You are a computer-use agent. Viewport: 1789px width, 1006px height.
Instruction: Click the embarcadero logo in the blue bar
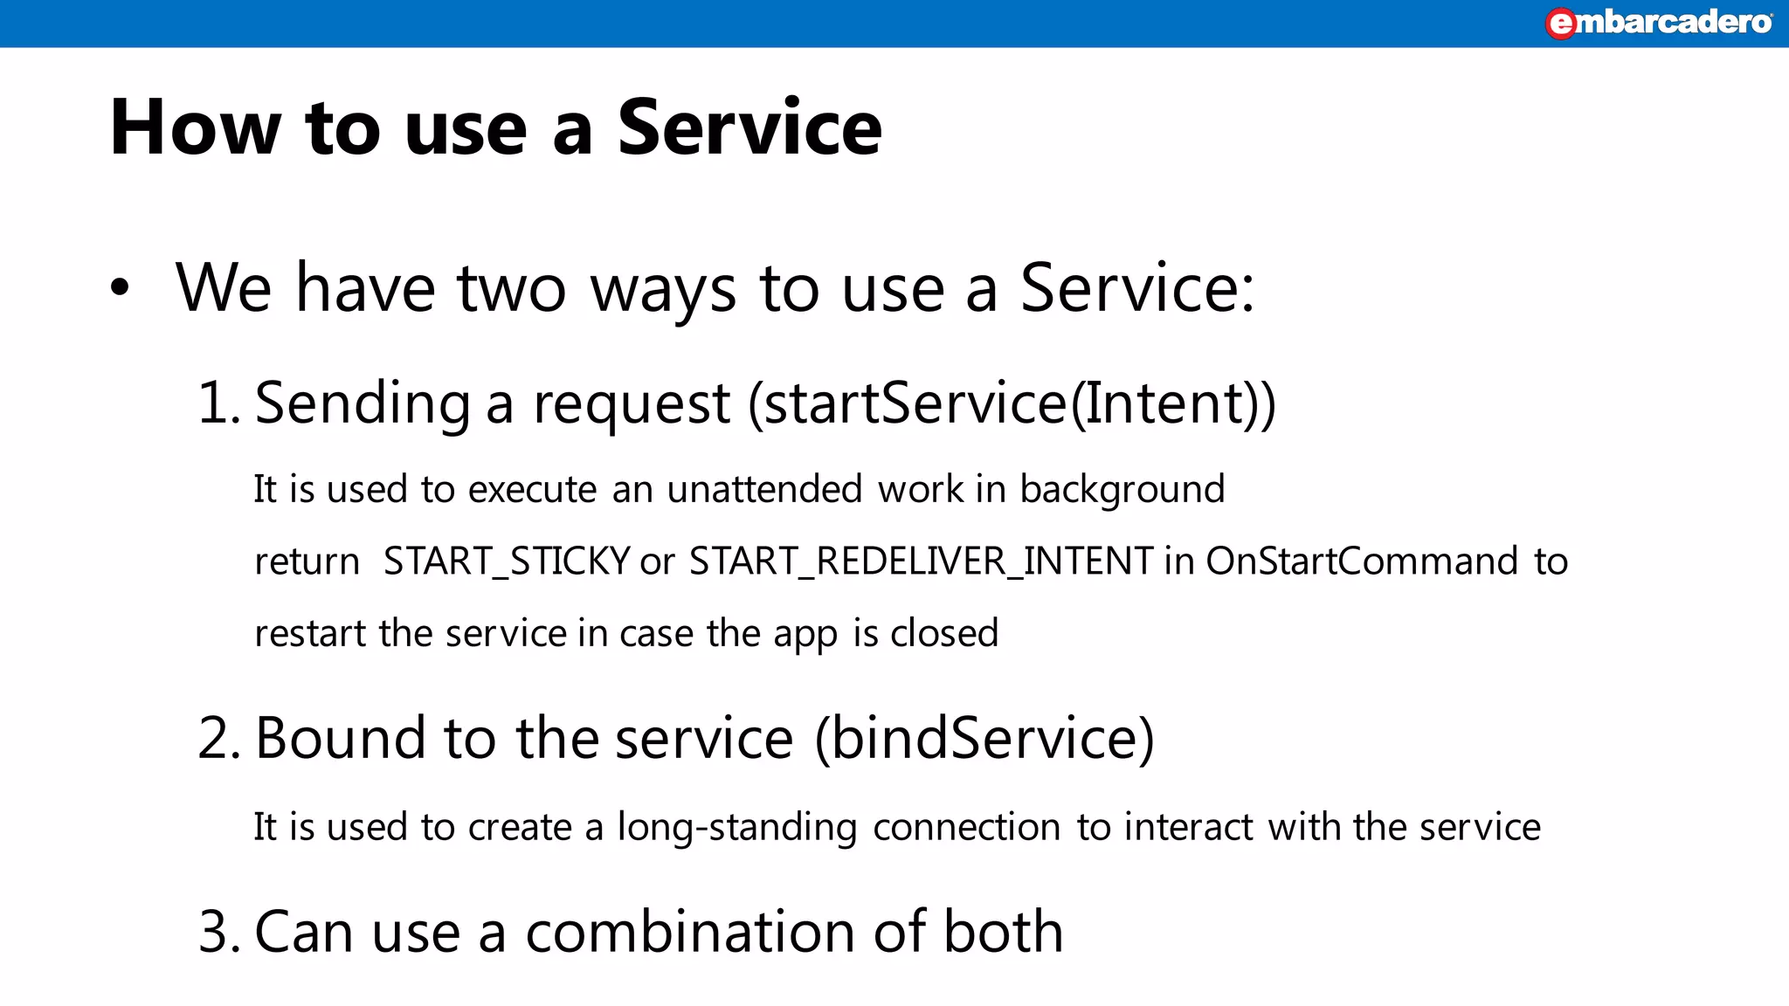coord(1659,22)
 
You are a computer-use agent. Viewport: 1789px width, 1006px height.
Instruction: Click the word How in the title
coord(195,127)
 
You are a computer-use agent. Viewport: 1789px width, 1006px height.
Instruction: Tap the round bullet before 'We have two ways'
coord(120,287)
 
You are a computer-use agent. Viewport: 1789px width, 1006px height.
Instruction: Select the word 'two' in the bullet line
coord(511,288)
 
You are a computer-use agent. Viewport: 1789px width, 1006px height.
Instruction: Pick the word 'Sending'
coord(363,404)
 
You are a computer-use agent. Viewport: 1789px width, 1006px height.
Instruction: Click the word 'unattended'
coord(764,489)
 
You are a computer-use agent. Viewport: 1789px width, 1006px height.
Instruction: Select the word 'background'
coord(1122,490)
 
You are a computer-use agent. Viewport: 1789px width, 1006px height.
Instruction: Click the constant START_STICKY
coord(507,562)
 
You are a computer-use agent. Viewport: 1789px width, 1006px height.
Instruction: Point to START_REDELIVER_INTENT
coord(921,562)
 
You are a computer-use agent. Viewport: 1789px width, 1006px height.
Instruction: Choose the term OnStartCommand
coord(1362,562)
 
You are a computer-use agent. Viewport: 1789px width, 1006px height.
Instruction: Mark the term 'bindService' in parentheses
coord(984,738)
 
